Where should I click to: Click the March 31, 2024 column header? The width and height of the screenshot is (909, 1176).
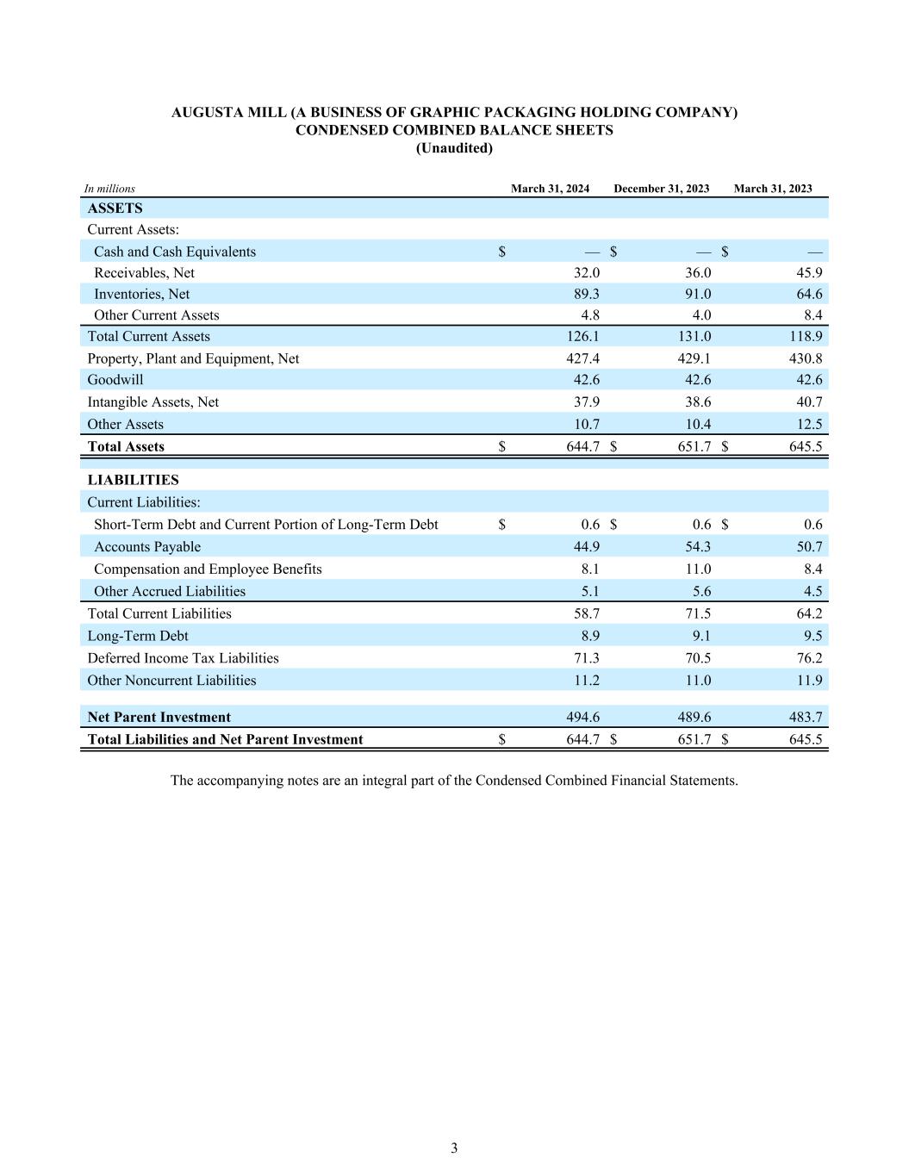[x=550, y=189]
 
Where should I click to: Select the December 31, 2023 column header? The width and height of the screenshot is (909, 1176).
[x=661, y=189]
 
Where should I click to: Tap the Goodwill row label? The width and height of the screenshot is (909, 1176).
[x=115, y=380]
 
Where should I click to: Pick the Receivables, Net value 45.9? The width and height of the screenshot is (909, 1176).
[x=809, y=272]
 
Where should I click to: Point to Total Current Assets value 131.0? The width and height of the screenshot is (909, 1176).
[x=694, y=336]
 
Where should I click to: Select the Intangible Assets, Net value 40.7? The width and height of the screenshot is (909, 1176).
[x=809, y=401]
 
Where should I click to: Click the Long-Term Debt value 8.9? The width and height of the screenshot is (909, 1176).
[x=590, y=636]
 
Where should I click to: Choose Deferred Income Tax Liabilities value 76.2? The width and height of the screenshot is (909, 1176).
[x=809, y=658]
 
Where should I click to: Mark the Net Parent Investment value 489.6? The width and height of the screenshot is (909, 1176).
[x=694, y=717]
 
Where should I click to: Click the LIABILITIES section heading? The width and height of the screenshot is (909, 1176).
[x=133, y=480]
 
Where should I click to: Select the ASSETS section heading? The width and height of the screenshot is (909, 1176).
[x=115, y=208]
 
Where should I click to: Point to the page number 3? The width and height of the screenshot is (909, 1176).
[x=454, y=1148]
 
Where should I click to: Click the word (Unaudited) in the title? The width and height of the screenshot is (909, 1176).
[x=454, y=148]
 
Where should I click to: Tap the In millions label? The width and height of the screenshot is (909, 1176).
[x=109, y=189]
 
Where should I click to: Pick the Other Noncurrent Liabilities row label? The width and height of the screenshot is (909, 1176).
[x=171, y=681]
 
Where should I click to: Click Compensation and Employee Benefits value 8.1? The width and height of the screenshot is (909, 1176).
[x=590, y=569]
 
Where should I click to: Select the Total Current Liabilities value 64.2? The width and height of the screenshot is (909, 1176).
[x=809, y=613]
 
